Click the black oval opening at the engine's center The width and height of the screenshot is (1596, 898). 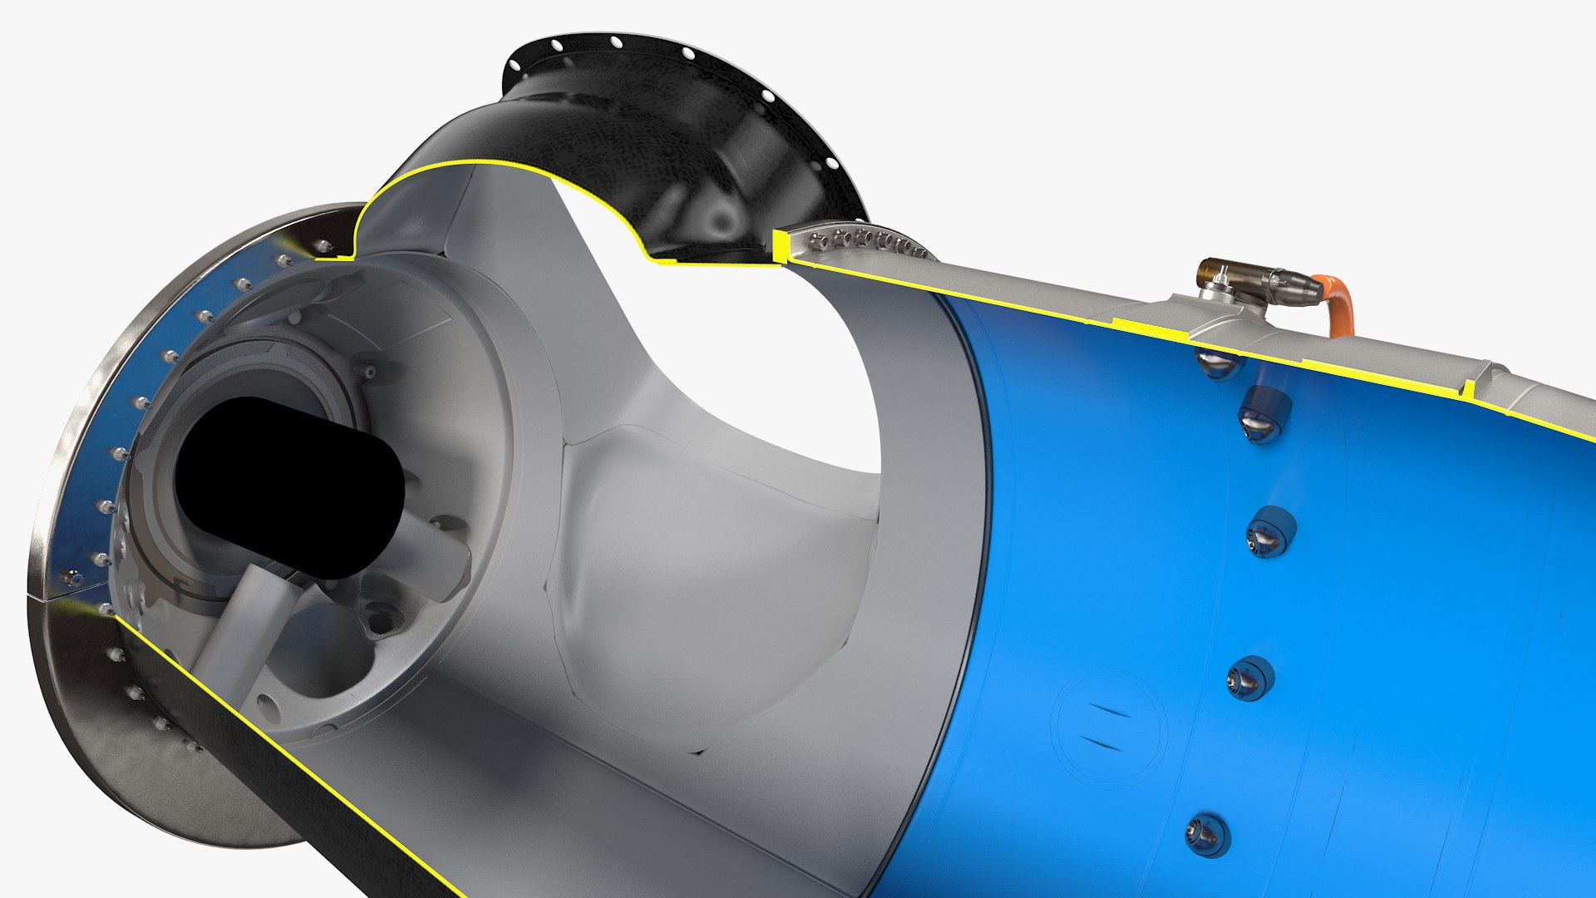(x=287, y=486)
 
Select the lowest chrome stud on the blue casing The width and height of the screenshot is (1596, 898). (x=1204, y=835)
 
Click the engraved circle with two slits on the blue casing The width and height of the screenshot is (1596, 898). (x=1109, y=728)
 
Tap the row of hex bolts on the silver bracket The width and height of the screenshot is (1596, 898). (x=864, y=242)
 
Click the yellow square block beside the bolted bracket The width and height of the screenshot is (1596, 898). (x=780, y=245)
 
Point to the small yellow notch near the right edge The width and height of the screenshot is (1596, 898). (x=1469, y=388)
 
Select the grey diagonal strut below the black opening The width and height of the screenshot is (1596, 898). (x=241, y=632)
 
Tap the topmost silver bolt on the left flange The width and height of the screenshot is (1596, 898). (x=324, y=244)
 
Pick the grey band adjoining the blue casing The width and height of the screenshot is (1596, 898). (x=931, y=499)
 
